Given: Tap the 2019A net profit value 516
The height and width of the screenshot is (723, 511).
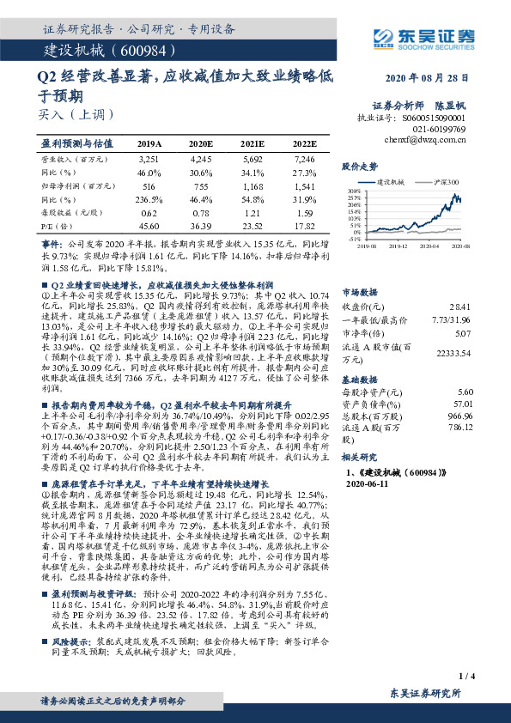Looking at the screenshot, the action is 149,185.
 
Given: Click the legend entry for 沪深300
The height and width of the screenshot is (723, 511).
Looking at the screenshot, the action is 447,182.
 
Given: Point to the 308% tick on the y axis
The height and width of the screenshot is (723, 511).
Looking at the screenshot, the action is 354,191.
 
